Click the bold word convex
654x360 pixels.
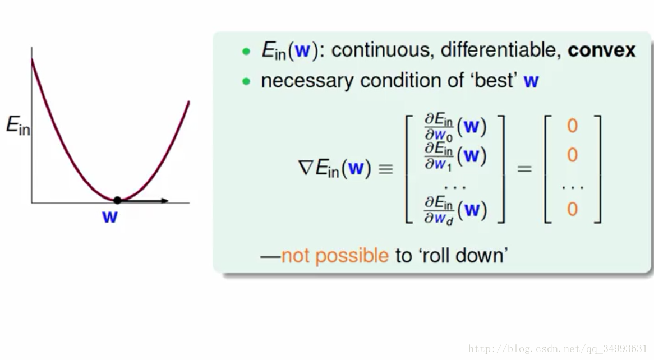tap(601, 50)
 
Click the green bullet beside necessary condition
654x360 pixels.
tap(246, 81)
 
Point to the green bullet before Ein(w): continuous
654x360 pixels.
tap(246, 52)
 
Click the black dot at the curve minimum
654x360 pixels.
tap(118, 200)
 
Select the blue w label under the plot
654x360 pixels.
tap(110, 217)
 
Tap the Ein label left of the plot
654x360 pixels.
tap(18, 125)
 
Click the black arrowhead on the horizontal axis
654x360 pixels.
tap(164, 201)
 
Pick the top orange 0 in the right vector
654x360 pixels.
tap(572, 126)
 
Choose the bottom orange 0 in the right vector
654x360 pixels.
tap(572, 209)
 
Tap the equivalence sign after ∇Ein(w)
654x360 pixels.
tap(385, 169)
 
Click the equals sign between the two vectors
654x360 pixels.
tap(524, 169)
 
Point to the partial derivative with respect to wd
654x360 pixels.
tap(455, 210)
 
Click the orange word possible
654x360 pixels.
tap(352, 256)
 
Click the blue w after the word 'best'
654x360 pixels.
tap(531, 81)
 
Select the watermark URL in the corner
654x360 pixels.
tap(557, 348)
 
